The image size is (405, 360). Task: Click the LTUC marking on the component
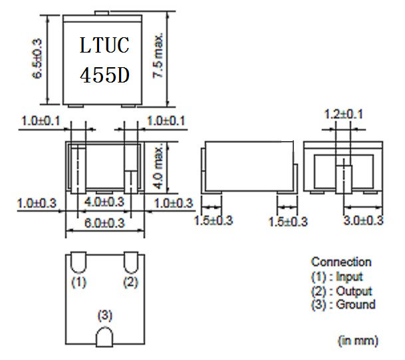pyautogui.click(x=104, y=46)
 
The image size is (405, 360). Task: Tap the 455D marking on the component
pyautogui.click(x=104, y=75)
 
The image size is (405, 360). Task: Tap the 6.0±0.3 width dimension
pyautogui.click(x=104, y=224)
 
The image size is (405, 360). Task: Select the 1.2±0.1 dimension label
pyautogui.click(x=343, y=114)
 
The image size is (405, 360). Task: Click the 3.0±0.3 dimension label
pyautogui.click(x=362, y=220)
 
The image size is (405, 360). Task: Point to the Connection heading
pyautogui.click(x=341, y=262)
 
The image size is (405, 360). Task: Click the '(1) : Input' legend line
pyautogui.click(x=337, y=276)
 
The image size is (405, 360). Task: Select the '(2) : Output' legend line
pyautogui.click(x=341, y=291)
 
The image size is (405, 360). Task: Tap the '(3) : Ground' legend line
pyautogui.click(x=342, y=305)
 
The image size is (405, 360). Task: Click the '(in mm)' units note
pyautogui.click(x=358, y=341)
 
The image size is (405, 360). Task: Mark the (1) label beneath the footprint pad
pyautogui.click(x=78, y=282)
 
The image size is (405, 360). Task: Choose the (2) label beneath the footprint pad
pyautogui.click(x=130, y=282)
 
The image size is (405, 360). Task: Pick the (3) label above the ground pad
pyautogui.click(x=104, y=314)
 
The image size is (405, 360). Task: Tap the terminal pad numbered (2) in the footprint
pyautogui.click(x=130, y=263)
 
